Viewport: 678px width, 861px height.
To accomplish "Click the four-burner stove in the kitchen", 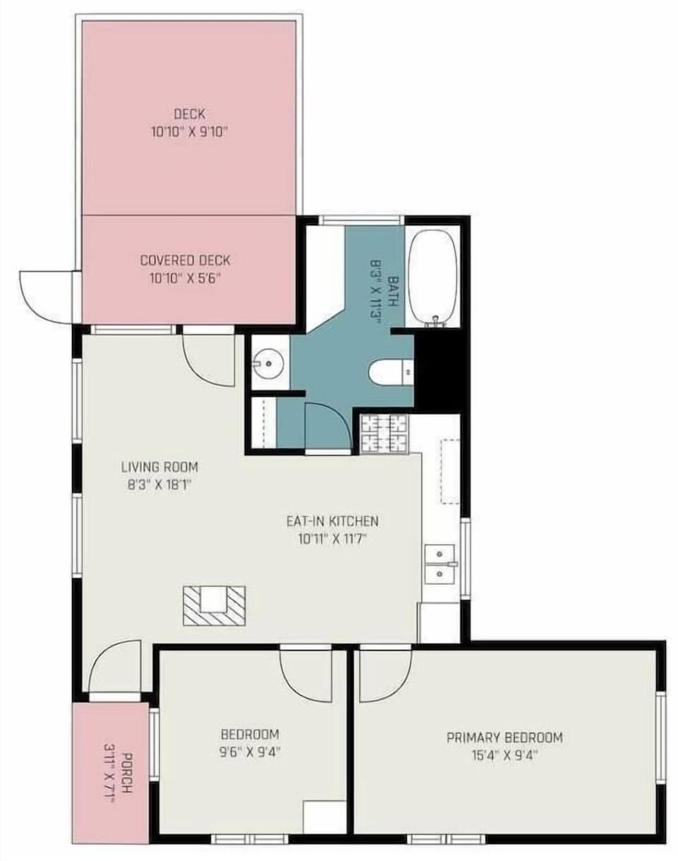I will coord(384,433).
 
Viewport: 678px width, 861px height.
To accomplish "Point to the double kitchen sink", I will coord(441,564).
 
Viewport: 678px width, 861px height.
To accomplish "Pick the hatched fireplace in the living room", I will coord(214,605).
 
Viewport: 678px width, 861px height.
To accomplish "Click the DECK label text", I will coord(189,114).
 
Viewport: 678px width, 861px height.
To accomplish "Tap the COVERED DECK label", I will coord(185,261).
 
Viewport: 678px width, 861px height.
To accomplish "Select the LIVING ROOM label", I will coord(160,467).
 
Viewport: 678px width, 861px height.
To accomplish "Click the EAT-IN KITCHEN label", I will coord(332,521).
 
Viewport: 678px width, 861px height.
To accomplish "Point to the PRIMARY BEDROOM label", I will coord(504,737).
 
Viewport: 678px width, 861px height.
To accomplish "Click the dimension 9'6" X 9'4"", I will coord(250,752).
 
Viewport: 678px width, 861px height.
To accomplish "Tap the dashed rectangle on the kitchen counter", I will coord(450,471).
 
